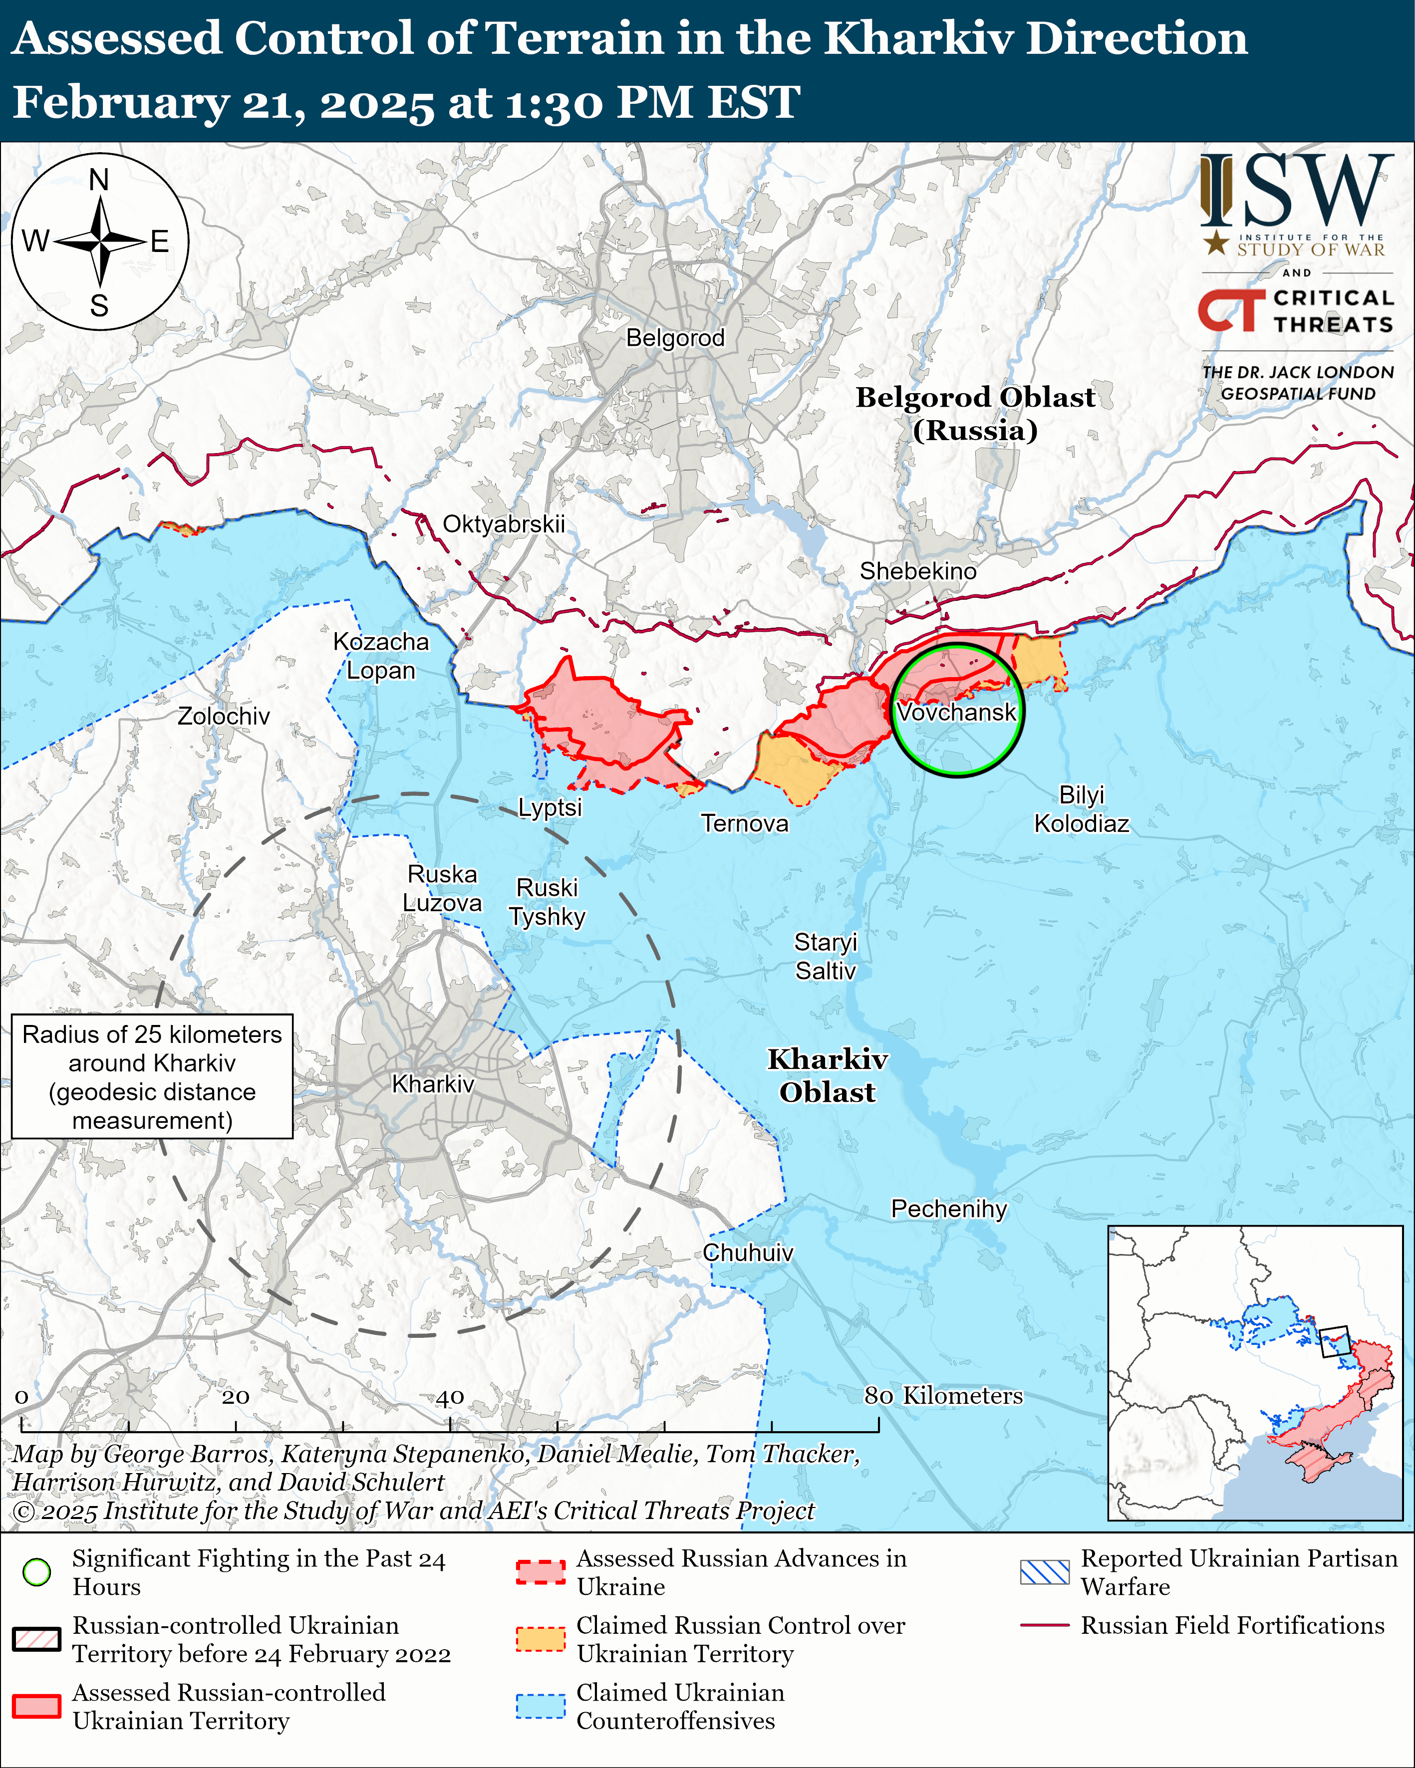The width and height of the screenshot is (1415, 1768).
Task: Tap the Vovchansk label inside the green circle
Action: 956,712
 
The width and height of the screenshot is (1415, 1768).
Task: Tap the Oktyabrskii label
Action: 504,524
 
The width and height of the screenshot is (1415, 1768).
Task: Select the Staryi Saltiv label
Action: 825,956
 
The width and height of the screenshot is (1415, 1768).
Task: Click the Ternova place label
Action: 744,823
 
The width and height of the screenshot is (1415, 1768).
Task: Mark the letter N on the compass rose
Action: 99,180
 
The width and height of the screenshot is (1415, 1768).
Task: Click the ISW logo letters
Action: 1296,191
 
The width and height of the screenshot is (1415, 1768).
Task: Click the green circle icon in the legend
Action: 37,1572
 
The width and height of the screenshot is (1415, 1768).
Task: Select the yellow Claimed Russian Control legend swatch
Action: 541,1638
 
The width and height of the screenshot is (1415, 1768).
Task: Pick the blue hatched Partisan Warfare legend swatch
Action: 1044,1572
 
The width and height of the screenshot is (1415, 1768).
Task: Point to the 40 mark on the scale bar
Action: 450,1397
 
